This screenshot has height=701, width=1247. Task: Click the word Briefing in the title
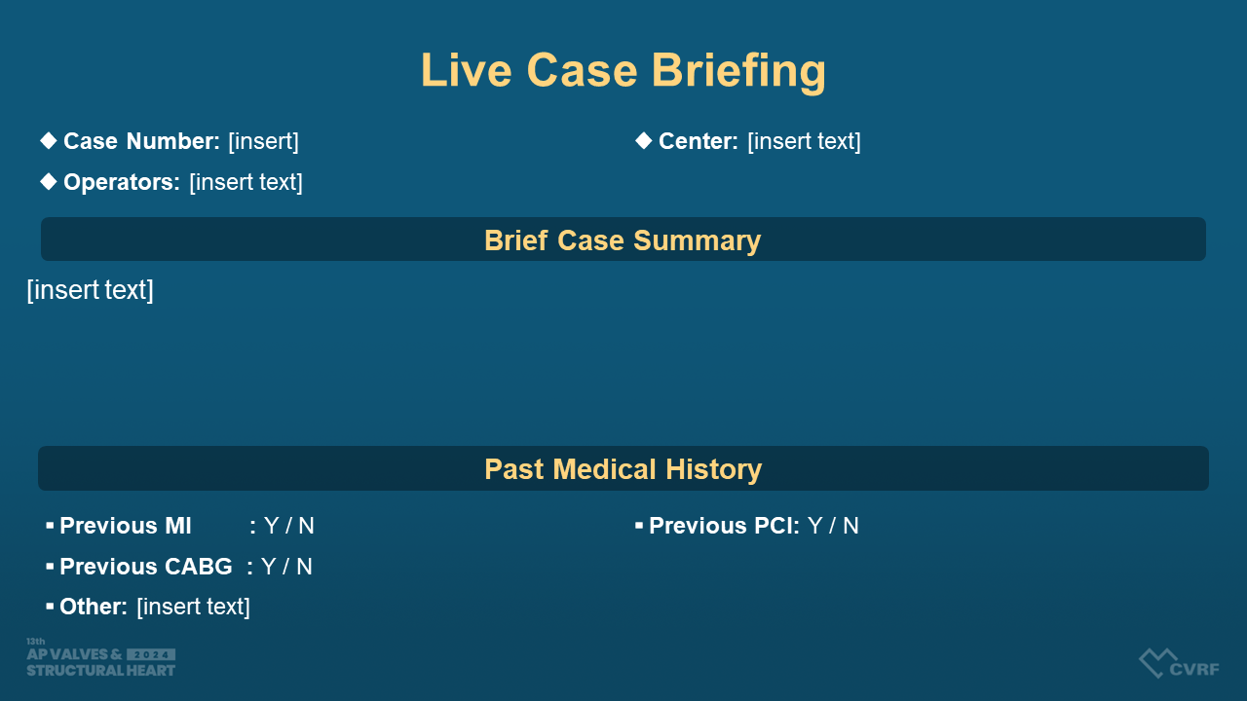(x=738, y=71)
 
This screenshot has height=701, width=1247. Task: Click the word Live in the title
(x=467, y=70)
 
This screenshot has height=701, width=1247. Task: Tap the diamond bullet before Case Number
(x=49, y=141)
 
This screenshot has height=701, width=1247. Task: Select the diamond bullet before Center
(x=644, y=141)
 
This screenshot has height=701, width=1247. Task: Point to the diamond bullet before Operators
(x=49, y=181)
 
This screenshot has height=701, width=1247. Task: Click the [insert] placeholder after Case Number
(x=263, y=141)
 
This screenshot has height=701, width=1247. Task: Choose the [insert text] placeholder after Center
(x=805, y=141)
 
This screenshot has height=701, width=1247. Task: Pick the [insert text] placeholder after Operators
(x=246, y=182)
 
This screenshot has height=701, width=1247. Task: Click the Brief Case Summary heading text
(x=623, y=240)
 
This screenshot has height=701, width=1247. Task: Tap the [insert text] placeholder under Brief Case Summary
(x=91, y=290)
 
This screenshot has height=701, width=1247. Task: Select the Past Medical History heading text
(x=623, y=469)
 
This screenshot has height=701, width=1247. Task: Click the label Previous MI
(x=126, y=526)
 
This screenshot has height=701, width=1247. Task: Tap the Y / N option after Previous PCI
(x=833, y=526)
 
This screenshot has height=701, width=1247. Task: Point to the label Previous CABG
(x=146, y=567)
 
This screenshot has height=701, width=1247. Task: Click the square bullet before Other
(x=50, y=606)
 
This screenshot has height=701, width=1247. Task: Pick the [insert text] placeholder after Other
(x=193, y=607)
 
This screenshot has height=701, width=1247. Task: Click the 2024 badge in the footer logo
(x=151, y=654)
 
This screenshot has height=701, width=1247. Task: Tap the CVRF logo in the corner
(x=1179, y=663)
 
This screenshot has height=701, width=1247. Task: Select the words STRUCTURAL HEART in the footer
(x=100, y=671)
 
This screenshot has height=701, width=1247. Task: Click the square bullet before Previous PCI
(x=639, y=525)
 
